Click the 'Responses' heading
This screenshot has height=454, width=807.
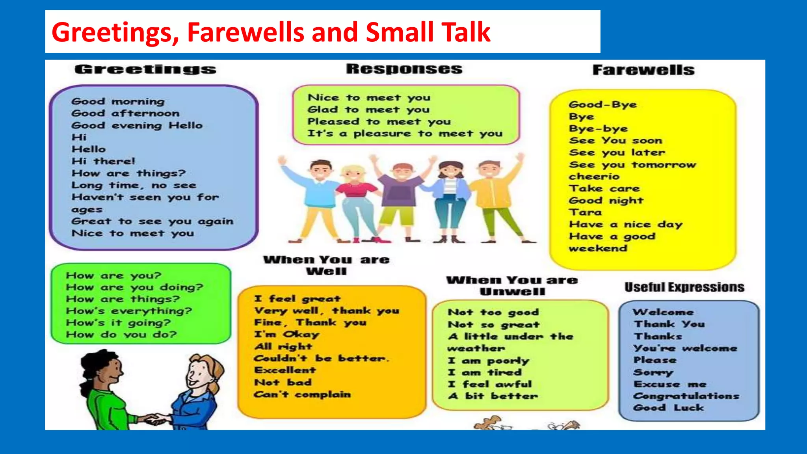[404, 69]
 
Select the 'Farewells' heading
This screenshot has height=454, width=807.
[643, 70]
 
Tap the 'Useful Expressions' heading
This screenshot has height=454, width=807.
[684, 287]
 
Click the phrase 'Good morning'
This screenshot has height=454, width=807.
[118, 102]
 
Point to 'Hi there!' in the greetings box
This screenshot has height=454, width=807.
[103, 161]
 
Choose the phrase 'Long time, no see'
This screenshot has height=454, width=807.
[134, 185]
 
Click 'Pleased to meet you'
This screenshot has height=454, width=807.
[379, 122]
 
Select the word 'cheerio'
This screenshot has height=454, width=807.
[594, 177]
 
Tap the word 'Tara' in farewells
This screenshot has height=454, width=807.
[585, 212]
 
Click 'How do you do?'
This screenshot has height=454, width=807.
[121, 335]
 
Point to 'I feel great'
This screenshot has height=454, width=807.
[297, 299]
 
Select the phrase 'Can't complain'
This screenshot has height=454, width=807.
[302, 394]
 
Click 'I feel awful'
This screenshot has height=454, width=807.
[490, 384]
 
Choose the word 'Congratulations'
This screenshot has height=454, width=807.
[686, 396]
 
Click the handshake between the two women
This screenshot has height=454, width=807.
[155, 419]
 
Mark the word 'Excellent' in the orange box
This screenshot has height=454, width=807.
[285, 370]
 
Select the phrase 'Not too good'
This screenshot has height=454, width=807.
[493, 313]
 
